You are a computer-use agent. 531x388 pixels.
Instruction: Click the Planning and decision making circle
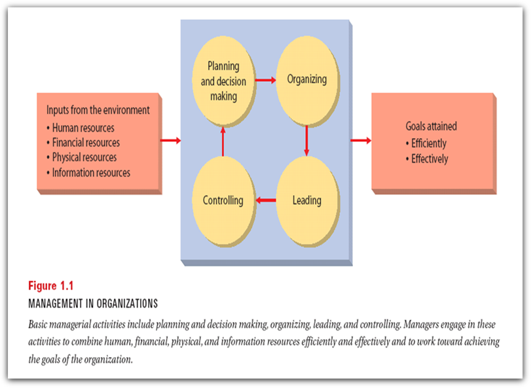[x=223, y=82]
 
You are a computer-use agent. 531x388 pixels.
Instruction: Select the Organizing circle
[x=306, y=80]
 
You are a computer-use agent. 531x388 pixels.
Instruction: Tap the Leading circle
[x=306, y=200]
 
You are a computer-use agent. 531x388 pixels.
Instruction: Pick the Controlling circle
[x=223, y=200]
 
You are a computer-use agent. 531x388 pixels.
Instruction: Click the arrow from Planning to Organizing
[x=265, y=81]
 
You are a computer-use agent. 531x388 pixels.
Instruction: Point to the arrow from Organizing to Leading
[x=306, y=140]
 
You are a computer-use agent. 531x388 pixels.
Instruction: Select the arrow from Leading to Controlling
[x=265, y=200]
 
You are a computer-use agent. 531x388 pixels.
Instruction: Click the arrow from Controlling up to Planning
[x=223, y=141]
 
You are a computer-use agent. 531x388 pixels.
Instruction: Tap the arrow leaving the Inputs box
[x=170, y=140]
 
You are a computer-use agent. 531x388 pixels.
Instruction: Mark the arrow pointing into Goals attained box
[x=361, y=140]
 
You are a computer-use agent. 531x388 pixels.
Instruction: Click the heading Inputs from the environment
[x=98, y=110]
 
